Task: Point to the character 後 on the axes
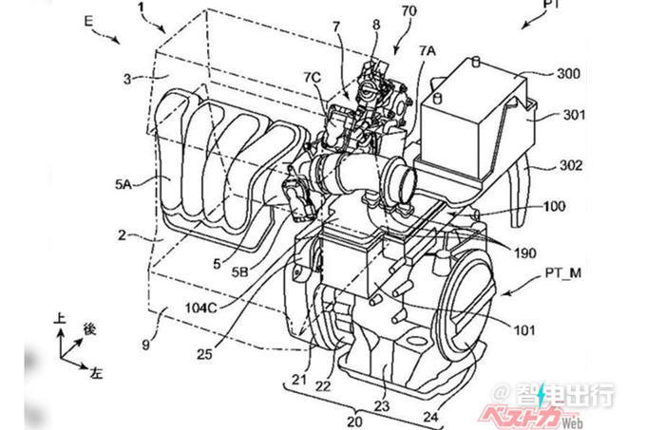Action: (91, 329)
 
